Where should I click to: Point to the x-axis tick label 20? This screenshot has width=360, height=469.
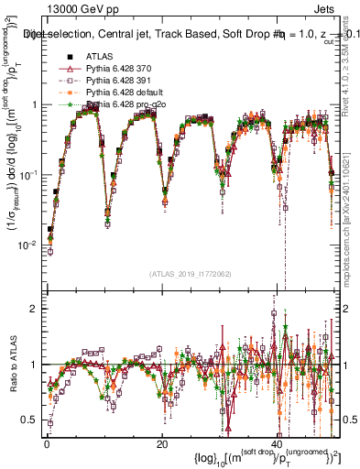tap(161, 444)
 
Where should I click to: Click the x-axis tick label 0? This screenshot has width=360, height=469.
tap(47, 444)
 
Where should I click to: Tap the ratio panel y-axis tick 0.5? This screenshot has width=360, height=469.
tap(32, 420)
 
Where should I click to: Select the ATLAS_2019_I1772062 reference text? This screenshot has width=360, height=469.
tap(189, 273)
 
